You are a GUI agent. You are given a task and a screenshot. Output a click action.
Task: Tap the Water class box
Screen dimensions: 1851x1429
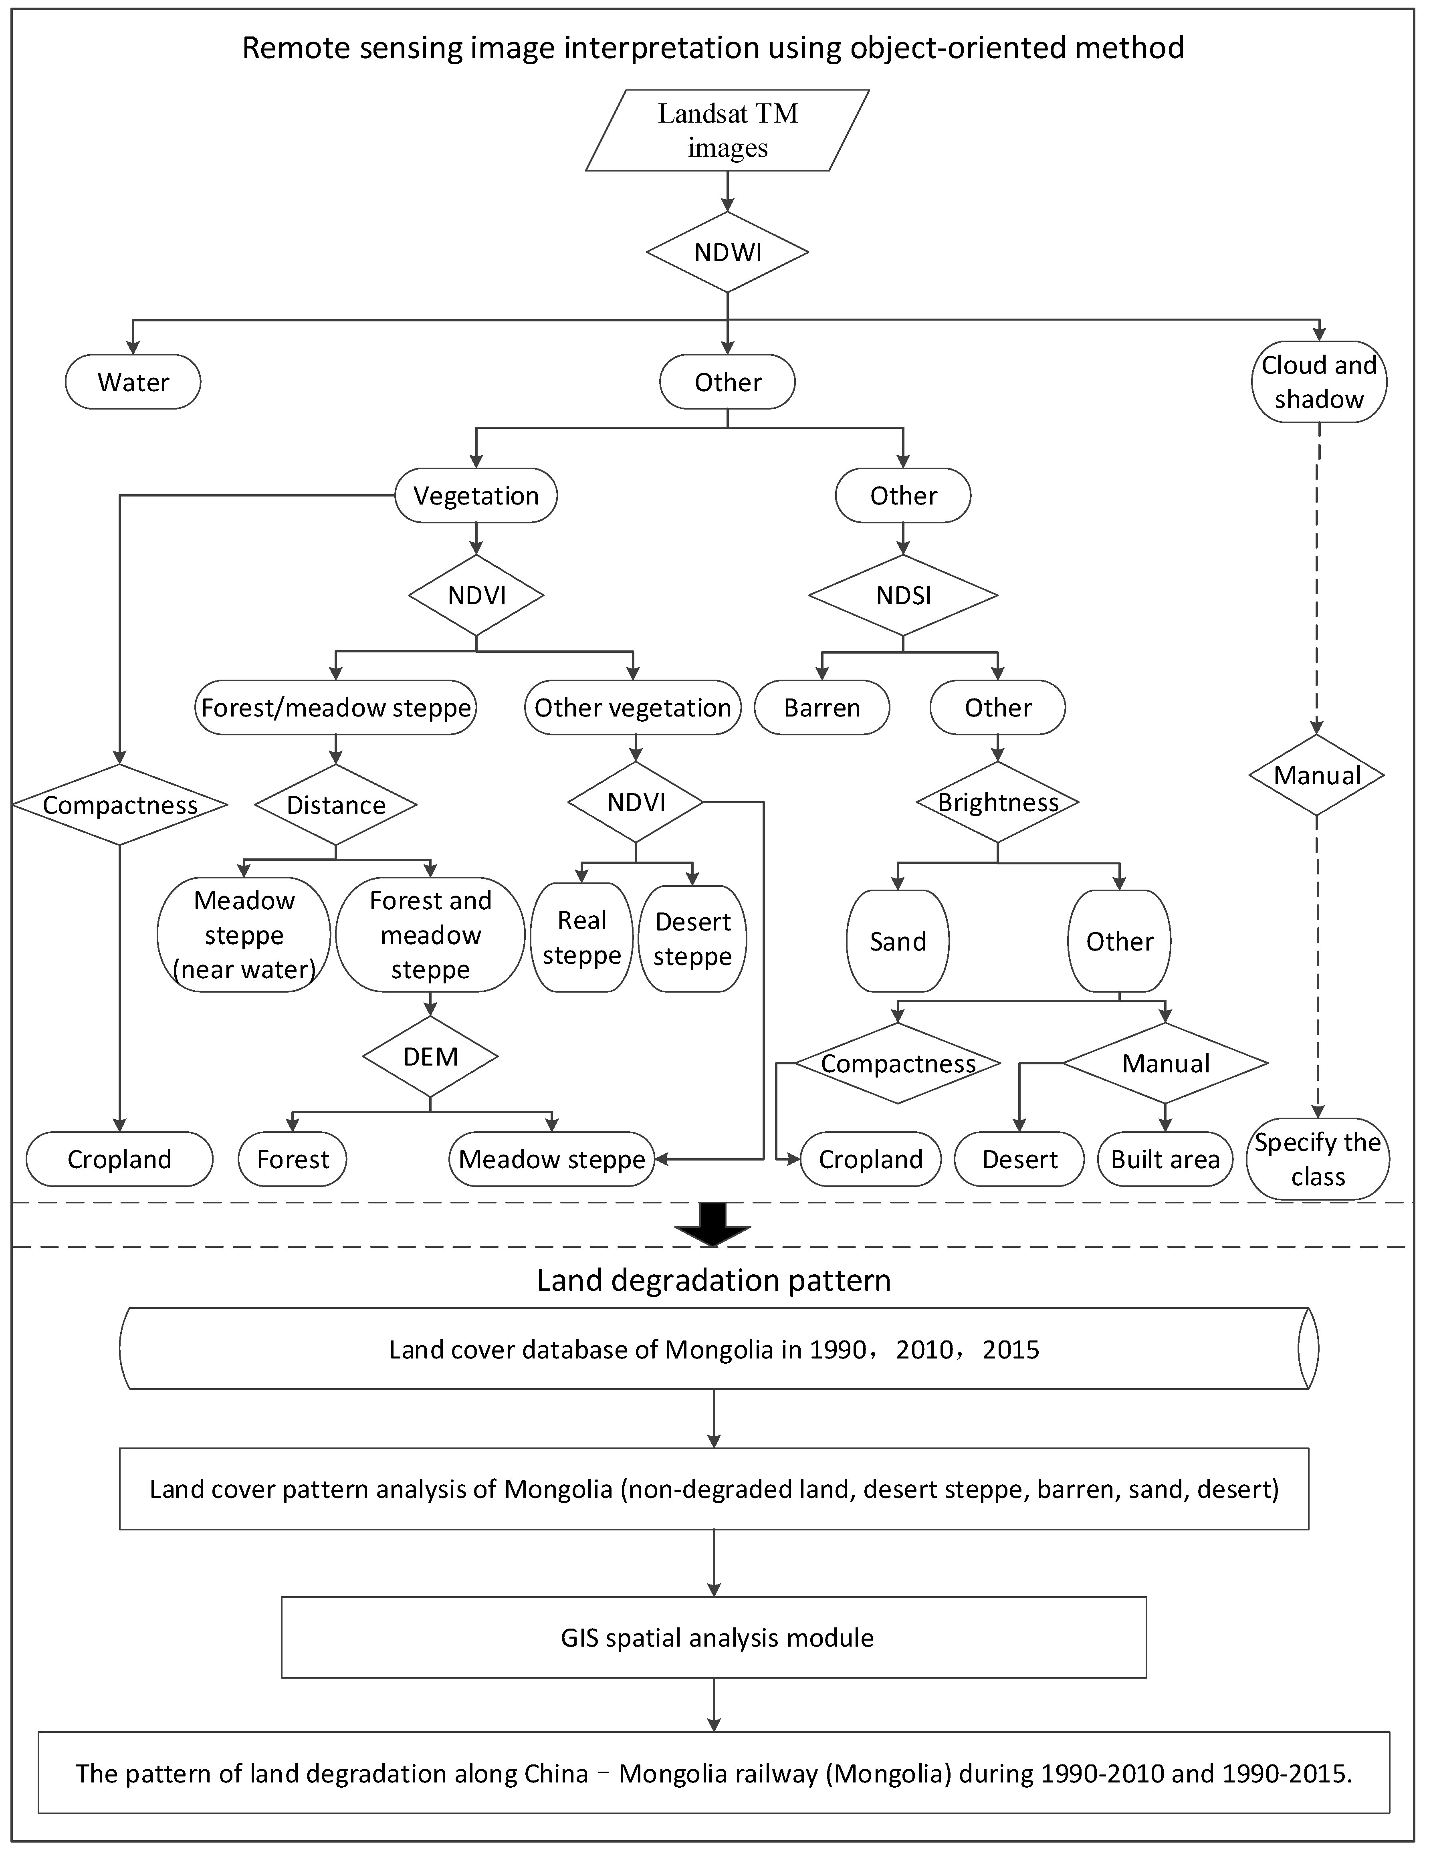pyautogui.click(x=133, y=382)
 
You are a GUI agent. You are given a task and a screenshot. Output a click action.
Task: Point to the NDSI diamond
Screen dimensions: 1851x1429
pyautogui.click(x=904, y=595)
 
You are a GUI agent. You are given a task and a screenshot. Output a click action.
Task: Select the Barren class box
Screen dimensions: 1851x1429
pyautogui.click(x=822, y=708)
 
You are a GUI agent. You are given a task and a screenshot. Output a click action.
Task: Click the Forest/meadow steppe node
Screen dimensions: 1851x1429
pyautogui.click(x=336, y=708)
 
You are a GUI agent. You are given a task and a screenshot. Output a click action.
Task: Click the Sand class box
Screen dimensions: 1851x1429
pyautogui.click(x=898, y=941)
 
